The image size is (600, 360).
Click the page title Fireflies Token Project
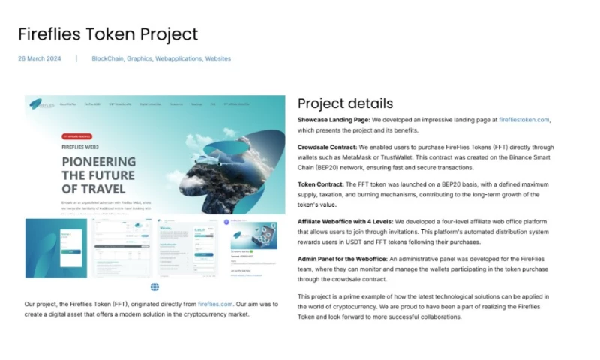click(x=108, y=34)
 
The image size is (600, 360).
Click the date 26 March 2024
click(x=40, y=58)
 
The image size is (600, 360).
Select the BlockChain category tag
click(x=107, y=58)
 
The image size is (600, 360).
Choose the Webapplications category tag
click(x=178, y=58)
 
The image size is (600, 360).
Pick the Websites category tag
click(x=218, y=58)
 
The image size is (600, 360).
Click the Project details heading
click(x=345, y=103)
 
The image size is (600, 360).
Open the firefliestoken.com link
click(x=524, y=120)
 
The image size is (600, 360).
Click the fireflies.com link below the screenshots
click(x=216, y=304)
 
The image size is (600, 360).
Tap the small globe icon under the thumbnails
click(x=154, y=286)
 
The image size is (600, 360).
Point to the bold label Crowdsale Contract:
click(x=327, y=148)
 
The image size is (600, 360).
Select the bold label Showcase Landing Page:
click(x=334, y=120)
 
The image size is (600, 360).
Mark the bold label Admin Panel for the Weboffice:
click(x=342, y=259)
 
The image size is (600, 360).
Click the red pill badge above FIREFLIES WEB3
click(x=82, y=137)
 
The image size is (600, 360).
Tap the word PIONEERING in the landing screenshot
click(x=99, y=162)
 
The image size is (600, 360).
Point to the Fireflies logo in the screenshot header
click(x=41, y=103)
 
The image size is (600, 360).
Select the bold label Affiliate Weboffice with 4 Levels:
click(x=345, y=222)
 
